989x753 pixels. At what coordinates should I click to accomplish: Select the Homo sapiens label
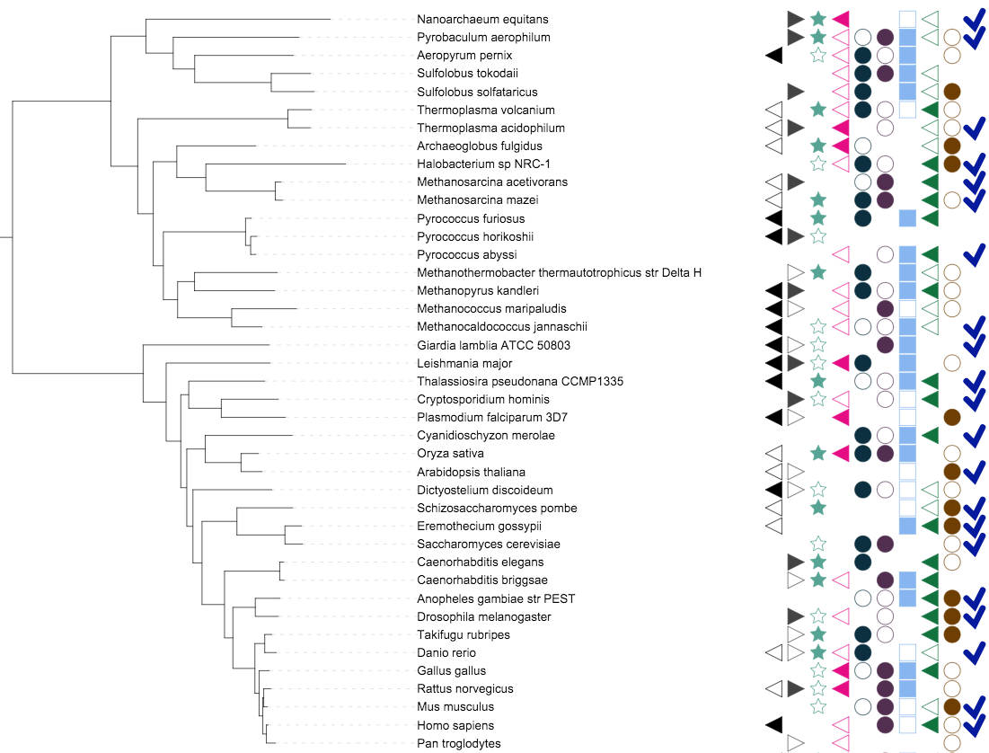(455, 725)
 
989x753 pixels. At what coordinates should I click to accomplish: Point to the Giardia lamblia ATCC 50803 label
(493, 345)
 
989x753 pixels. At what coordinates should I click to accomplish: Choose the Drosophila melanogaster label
(483, 616)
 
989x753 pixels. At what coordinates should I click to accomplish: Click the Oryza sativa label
(451, 454)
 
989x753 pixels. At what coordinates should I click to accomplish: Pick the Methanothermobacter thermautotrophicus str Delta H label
(559, 272)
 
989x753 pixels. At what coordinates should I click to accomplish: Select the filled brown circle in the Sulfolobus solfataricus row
(953, 92)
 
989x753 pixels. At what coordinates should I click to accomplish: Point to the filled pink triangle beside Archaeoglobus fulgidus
(841, 146)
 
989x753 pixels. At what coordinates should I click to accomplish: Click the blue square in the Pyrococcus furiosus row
(907, 218)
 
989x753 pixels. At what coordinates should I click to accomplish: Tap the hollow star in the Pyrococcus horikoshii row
(817, 236)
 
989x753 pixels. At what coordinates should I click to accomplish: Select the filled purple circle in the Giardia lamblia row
(885, 345)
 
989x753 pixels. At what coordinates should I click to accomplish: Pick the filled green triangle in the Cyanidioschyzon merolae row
(931, 436)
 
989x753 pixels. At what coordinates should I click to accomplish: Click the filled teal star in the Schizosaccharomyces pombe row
(817, 509)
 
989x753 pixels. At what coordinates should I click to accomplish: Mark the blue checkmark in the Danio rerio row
(974, 653)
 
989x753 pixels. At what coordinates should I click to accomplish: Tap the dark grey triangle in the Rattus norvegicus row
(795, 689)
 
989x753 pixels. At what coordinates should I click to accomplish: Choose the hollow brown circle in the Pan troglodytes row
(953, 743)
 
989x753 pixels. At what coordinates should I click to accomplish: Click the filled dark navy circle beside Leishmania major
(862, 363)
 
